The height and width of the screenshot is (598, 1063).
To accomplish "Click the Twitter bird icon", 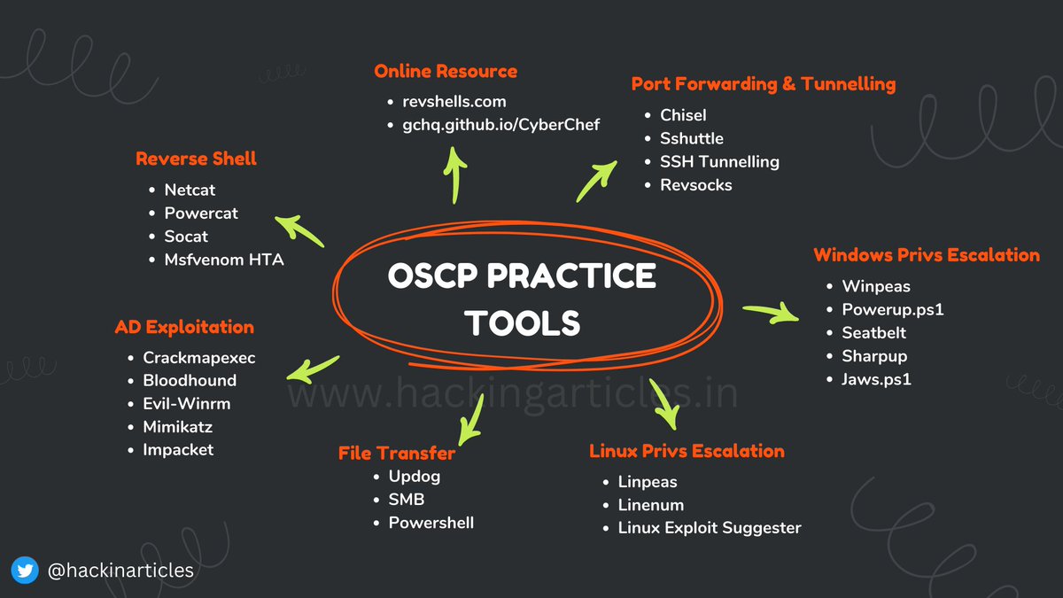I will tap(26, 571).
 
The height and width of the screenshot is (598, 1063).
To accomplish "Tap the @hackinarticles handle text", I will tap(120, 571).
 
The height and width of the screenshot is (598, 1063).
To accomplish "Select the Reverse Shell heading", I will tap(196, 159).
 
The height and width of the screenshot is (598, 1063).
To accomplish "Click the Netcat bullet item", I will tap(190, 190).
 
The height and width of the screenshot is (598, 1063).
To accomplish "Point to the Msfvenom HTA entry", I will tap(224, 260).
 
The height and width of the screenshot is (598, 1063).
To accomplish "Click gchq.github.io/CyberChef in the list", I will tap(495, 124).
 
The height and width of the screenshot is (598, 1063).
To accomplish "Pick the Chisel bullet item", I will tap(683, 115).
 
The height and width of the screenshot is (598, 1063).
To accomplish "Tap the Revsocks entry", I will tap(696, 185).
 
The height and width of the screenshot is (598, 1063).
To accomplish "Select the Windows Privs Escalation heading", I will tap(927, 255).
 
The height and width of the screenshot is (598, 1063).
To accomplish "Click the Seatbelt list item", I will tap(874, 333).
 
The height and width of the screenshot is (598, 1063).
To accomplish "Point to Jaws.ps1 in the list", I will tap(877, 379).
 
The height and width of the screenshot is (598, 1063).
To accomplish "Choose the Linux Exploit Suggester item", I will tap(710, 528).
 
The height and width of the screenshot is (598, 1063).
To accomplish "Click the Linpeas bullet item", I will tap(648, 482).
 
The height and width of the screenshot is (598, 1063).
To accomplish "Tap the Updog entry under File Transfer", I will tap(415, 477).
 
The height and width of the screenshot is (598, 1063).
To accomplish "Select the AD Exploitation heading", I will tap(184, 327).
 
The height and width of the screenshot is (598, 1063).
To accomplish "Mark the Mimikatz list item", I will tap(178, 426).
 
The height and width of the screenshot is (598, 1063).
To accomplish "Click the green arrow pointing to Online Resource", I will tap(455, 173).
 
